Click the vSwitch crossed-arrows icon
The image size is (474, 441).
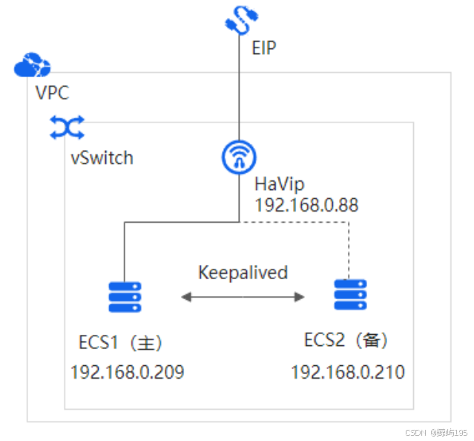[x=67, y=128]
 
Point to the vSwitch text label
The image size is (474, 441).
[x=102, y=157]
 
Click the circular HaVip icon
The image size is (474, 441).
[x=240, y=157]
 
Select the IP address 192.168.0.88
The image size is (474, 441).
[x=306, y=205]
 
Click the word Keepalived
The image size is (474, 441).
[x=243, y=272]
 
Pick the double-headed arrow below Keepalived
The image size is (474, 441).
[x=243, y=297]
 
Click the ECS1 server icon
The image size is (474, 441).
[x=125, y=297]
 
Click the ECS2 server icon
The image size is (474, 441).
[x=350, y=295]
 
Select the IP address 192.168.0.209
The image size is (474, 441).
[x=127, y=371]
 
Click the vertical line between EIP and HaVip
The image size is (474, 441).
[x=240, y=89]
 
